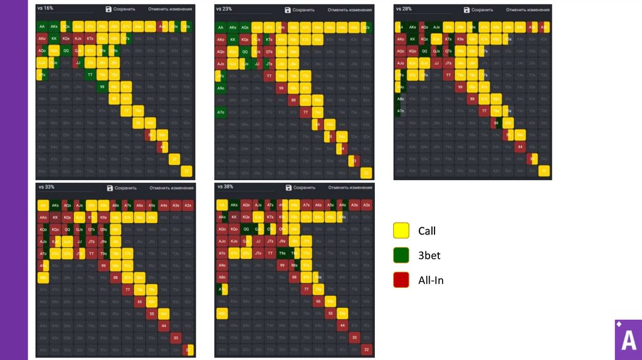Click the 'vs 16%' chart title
(45, 8)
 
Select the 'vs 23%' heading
(224, 9)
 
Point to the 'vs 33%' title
(46, 186)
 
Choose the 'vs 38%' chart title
(224, 186)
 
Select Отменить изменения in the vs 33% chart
(172, 188)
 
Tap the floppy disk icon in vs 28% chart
(466, 10)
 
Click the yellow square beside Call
(401, 231)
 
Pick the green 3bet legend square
(401, 255)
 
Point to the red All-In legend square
(401, 280)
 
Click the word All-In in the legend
(431, 280)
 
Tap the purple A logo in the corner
(628, 339)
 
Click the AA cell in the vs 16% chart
(43, 27)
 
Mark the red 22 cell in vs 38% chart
(367, 349)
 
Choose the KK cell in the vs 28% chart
(413, 39)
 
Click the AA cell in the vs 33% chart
(43, 205)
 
